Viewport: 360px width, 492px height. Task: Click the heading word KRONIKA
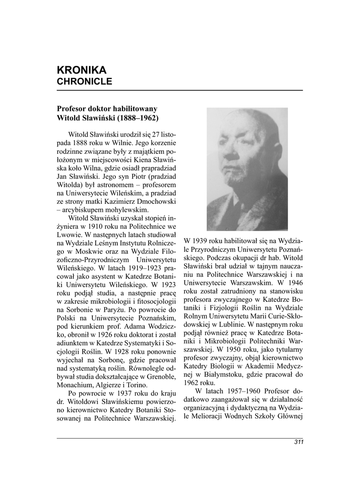(81, 70)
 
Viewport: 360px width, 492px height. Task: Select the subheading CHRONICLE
(85, 82)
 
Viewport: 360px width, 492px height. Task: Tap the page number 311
(298, 443)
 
